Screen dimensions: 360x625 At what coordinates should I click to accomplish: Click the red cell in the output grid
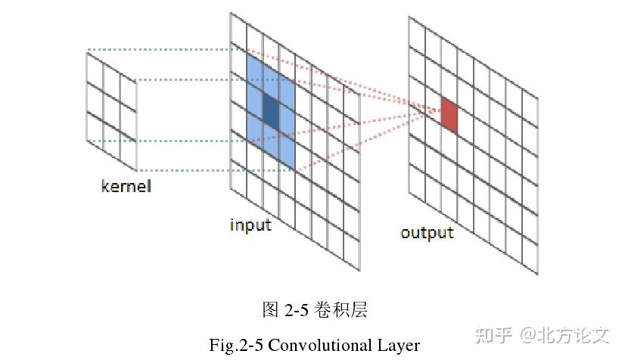[449, 115]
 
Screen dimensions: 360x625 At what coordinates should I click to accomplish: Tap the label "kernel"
[126, 185]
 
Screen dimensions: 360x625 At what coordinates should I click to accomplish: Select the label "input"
[250, 225]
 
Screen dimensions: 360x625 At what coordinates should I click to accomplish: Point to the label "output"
[427, 232]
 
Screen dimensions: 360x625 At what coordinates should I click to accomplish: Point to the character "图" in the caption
[270, 309]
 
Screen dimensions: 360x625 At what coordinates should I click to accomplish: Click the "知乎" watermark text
[493, 334]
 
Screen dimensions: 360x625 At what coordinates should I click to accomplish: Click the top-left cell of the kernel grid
[95, 67]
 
